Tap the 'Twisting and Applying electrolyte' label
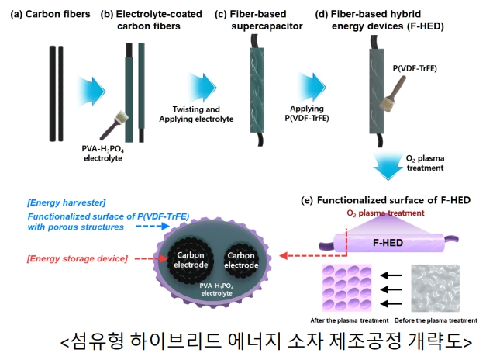coord(195,113)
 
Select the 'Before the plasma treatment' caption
coord(436,320)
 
